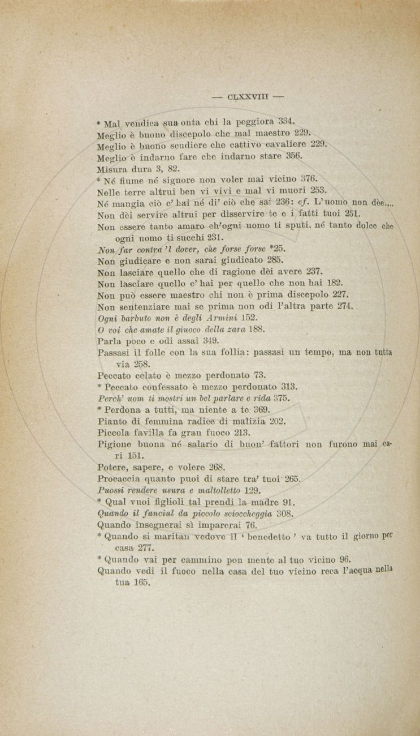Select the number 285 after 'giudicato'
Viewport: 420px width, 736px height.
pos(275,260)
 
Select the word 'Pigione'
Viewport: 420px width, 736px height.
pos(114,444)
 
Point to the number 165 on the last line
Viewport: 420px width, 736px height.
pos(140,583)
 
